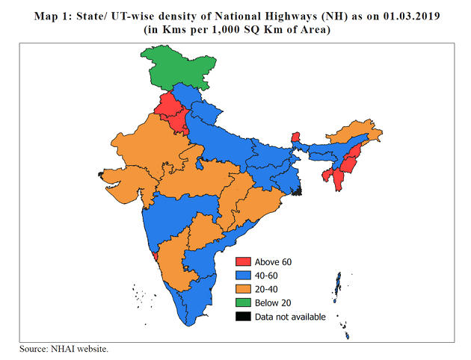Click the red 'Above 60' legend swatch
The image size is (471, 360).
pyautogui.click(x=244, y=262)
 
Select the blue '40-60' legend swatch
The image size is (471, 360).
pyautogui.click(x=244, y=276)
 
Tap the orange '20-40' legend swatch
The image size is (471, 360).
pyautogui.click(x=244, y=289)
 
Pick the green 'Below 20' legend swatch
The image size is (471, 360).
pyautogui.click(x=244, y=302)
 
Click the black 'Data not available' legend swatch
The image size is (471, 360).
pyautogui.click(x=244, y=316)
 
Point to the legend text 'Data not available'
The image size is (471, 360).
pyautogui.click(x=290, y=316)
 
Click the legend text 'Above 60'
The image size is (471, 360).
pyautogui.click(x=274, y=262)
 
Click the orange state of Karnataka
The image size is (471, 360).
pyautogui.click(x=173, y=265)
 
